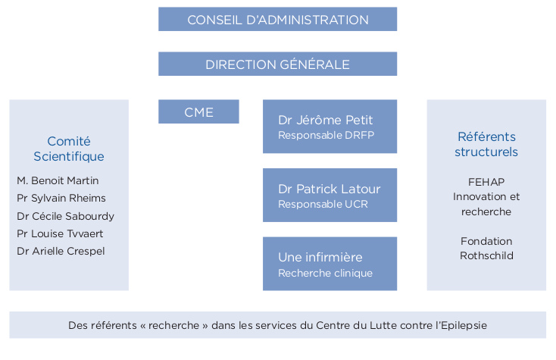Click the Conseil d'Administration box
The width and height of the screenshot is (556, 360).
pos(278,19)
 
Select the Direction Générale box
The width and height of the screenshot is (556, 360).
pos(278,64)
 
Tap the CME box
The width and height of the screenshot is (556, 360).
pos(198,111)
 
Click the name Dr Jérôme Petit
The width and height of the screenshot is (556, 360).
pos(325,120)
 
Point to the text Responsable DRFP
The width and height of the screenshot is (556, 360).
pos(326,135)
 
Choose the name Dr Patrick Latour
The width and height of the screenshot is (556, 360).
pos(329,189)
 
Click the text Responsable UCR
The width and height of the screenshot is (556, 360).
pos(323,204)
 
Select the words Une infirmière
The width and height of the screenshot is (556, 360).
pos(320,257)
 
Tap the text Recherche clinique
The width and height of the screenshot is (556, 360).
pos(325,273)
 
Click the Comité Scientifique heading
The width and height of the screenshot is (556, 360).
pos(69,149)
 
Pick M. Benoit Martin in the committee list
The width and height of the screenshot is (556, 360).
pos(58,180)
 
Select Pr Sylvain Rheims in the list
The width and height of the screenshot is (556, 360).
pos(61,198)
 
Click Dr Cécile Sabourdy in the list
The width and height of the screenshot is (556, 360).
pos(65,216)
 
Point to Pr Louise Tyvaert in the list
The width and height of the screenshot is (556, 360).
pos(60,233)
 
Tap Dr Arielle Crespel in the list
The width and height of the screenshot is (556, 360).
pos(61,251)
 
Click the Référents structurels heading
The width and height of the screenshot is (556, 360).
pos(486,144)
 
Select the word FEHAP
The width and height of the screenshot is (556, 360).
pos(486,182)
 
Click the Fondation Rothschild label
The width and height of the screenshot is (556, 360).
pos(486,249)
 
